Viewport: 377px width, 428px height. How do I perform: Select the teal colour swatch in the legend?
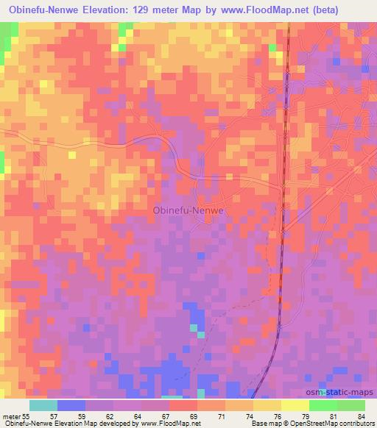(43, 404)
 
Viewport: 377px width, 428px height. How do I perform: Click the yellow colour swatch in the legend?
(295, 404)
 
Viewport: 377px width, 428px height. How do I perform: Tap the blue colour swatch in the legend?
(71, 404)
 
